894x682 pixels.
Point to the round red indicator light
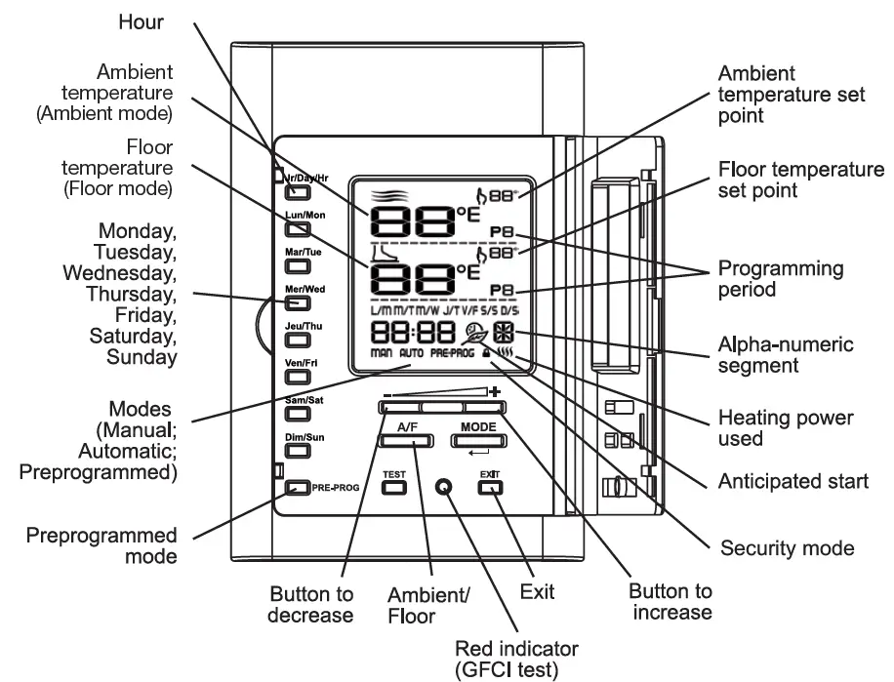coord(445,486)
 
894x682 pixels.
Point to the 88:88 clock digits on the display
coord(401,333)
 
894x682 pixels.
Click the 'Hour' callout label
coord(142,20)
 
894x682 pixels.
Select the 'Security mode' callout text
coord(787,547)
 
